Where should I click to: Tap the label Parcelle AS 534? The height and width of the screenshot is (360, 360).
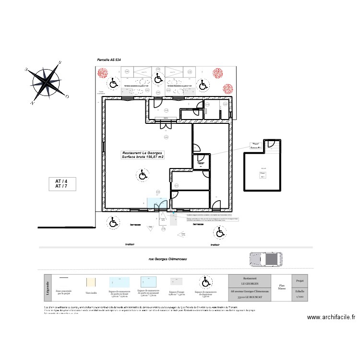109,60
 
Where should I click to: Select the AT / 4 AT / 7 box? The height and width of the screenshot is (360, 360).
62,184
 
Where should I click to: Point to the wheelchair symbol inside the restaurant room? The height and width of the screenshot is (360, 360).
143,176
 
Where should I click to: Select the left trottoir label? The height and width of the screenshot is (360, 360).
130,244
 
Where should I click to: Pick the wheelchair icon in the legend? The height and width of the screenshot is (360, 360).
205,281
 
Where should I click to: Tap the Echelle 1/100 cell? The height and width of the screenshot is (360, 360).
299,294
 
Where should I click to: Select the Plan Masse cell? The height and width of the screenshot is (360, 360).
281,288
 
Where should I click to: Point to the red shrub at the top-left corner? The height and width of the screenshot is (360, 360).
102,73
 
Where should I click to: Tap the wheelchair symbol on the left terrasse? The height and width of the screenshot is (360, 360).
113,222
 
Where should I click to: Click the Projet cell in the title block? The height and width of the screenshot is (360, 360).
299,280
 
